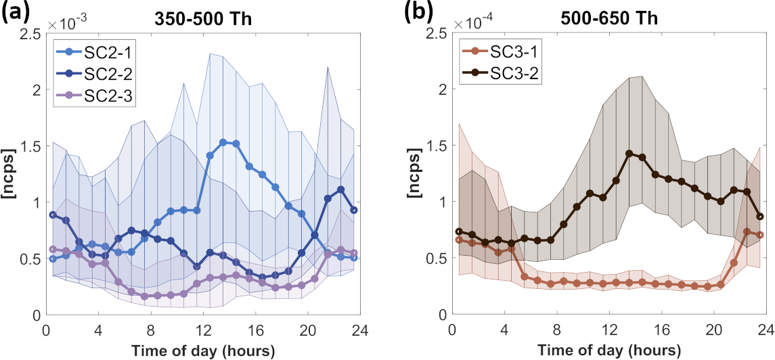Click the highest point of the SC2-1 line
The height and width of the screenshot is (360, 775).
(223, 142)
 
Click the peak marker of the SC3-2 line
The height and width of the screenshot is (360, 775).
(629, 154)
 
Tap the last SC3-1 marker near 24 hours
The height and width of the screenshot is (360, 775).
(760, 235)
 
